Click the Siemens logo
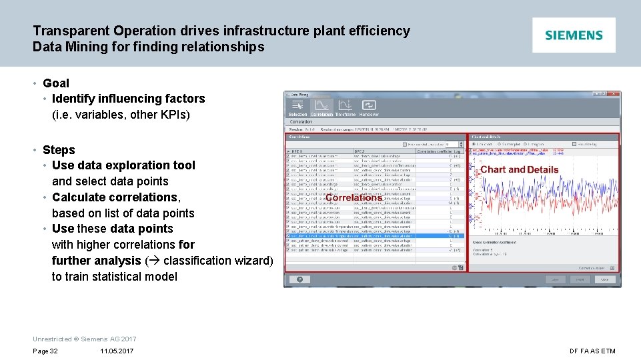(574, 35)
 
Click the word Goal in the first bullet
(56, 83)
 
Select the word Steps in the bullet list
(59, 150)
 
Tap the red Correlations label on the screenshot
(354, 197)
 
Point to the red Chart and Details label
(519, 169)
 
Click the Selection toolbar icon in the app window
(297, 106)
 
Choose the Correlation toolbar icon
(322, 106)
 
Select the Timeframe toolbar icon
(345, 106)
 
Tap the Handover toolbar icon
(369, 106)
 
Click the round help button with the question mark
(300, 280)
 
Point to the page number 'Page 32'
(45, 351)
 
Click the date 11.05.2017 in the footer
(117, 351)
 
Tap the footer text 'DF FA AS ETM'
(592, 351)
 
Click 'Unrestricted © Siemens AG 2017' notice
(84, 339)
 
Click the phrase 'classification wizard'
(215, 261)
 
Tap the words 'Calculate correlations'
(115, 197)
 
